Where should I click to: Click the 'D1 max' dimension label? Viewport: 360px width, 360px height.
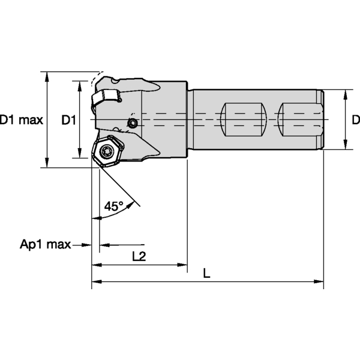(21, 120)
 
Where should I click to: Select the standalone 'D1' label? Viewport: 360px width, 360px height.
(68, 120)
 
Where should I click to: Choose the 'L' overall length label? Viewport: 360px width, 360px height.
(206, 274)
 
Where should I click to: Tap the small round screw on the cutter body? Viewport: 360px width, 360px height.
(133, 123)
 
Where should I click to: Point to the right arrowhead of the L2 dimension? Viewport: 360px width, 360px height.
(184, 264)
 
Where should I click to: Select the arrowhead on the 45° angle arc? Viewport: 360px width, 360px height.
(97, 218)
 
